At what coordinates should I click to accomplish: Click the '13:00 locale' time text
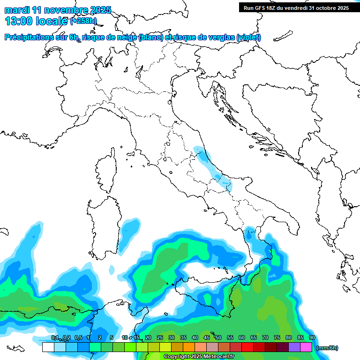(37, 21)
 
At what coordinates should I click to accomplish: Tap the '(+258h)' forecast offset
(83, 21)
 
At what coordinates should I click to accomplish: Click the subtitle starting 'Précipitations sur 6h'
(133, 37)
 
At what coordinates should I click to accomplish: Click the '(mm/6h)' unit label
(327, 348)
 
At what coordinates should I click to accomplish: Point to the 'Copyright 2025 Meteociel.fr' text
(199, 357)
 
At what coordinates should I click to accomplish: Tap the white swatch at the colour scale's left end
(48, 347)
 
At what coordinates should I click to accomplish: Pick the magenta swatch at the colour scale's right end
(306, 347)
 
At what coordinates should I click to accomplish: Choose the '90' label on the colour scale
(312, 338)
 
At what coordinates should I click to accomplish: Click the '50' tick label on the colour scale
(218, 338)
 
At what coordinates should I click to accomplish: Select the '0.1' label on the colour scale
(54, 338)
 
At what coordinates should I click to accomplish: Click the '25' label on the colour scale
(159, 338)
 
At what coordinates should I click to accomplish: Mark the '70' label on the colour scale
(265, 338)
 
